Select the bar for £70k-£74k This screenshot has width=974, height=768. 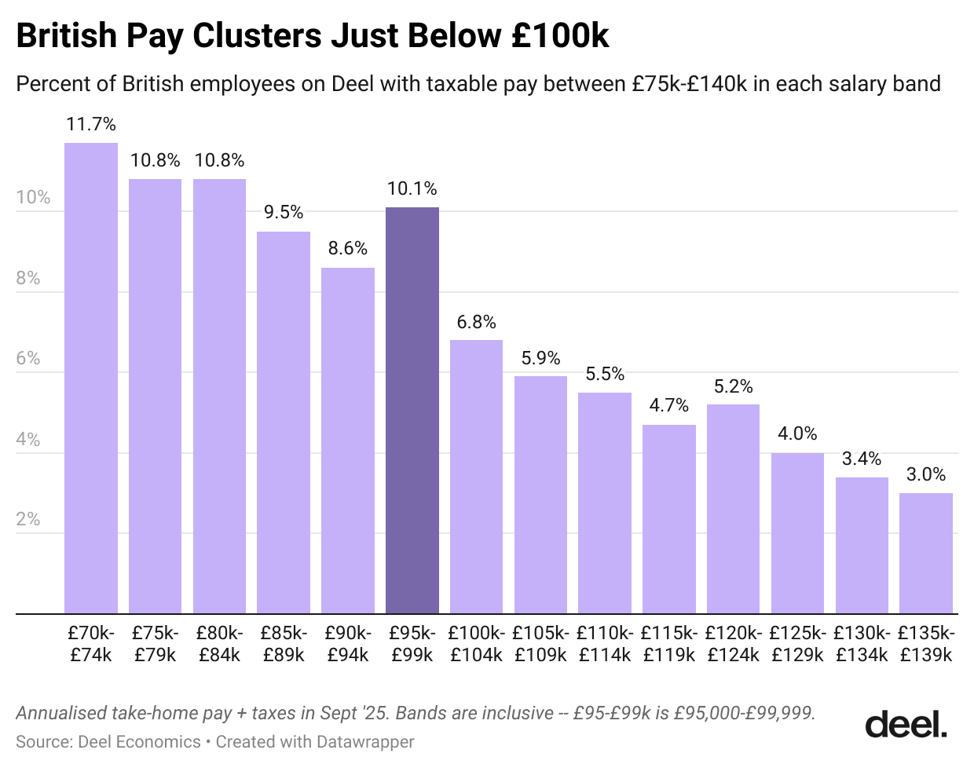tap(91, 378)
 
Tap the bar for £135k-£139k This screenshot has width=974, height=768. tap(925, 553)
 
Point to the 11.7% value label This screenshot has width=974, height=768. tap(91, 124)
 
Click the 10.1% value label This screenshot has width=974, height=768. tap(412, 188)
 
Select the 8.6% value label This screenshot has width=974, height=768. tap(347, 248)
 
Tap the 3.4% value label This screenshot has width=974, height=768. tap(862, 459)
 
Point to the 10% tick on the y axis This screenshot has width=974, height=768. tap(33, 197)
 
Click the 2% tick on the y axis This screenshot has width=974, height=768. tap(27, 519)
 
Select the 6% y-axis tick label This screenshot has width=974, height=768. tap(27, 358)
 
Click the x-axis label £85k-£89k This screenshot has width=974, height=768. tap(284, 644)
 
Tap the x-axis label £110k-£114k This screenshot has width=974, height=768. tap(605, 644)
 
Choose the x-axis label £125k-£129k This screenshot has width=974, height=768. tap(797, 644)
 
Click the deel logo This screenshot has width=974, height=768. tap(906, 724)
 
